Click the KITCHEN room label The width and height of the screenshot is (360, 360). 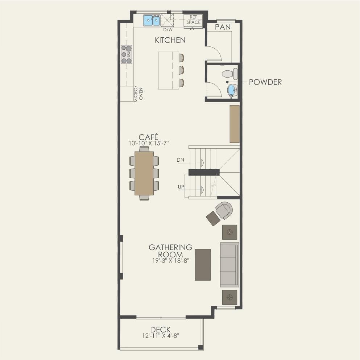[x=170, y=40]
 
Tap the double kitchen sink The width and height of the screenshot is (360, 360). [x=152, y=20]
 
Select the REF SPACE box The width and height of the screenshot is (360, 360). [x=193, y=20]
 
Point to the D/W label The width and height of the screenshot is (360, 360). [x=168, y=30]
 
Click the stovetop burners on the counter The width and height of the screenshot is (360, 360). [x=127, y=54]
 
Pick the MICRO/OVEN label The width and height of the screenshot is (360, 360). [x=138, y=94]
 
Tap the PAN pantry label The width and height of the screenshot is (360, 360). [x=223, y=27]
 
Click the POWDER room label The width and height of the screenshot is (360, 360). [x=265, y=82]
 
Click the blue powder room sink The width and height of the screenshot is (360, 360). [x=232, y=90]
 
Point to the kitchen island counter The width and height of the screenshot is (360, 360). [x=168, y=70]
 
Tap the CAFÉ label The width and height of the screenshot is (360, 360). [x=149, y=137]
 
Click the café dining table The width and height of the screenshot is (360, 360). [x=144, y=173]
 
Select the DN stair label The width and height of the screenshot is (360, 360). [x=181, y=160]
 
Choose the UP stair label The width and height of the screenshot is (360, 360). [x=181, y=187]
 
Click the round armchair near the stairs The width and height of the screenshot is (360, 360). [x=223, y=210]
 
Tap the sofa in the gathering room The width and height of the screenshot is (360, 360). [x=229, y=265]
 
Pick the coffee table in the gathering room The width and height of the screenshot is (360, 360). [x=203, y=265]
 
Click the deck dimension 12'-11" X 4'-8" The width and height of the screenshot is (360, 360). [x=160, y=336]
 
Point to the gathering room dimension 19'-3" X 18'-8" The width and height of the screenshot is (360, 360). [x=170, y=261]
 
